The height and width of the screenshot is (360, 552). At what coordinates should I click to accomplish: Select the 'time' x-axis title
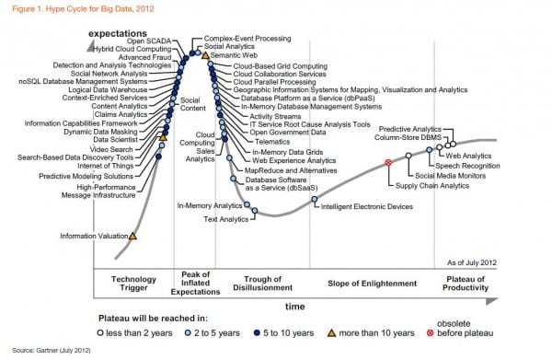[x=294, y=304]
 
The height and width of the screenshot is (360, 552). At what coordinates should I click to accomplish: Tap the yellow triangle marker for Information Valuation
[x=132, y=237]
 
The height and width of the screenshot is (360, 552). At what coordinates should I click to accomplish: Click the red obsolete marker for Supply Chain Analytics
[x=388, y=162]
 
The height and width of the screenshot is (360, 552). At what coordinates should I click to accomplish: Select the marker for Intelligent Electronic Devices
[x=314, y=199]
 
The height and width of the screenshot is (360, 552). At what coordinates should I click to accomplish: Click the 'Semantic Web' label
[x=232, y=56]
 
